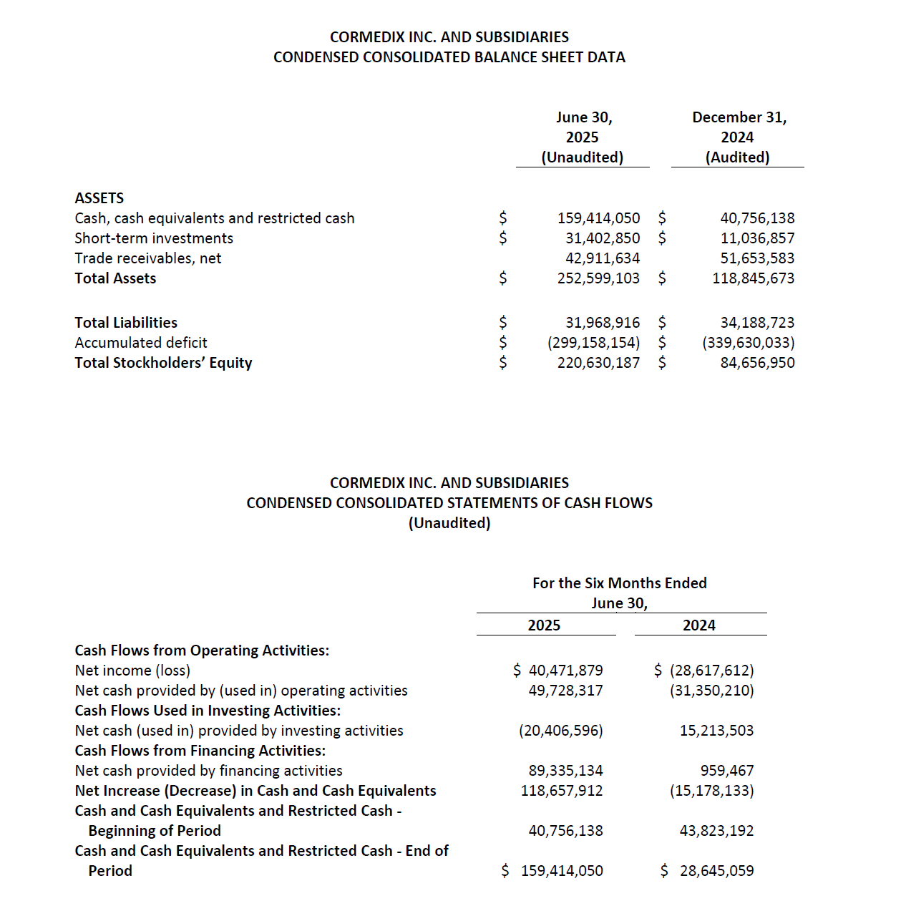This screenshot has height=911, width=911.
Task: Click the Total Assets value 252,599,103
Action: click(598, 278)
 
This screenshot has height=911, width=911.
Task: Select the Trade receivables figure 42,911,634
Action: click(603, 258)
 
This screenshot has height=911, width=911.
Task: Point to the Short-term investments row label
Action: click(154, 238)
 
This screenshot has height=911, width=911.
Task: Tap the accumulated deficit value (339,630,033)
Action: click(748, 343)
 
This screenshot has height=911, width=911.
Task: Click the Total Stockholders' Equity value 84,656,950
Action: click(757, 363)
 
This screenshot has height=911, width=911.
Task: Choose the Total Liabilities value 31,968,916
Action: click(603, 323)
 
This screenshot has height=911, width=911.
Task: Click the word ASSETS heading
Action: click(99, 198)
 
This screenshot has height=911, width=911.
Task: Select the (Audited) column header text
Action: click(737, 157)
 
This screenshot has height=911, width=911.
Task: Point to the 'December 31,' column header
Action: click(739, 117)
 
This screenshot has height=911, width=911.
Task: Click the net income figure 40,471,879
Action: click(565, 671)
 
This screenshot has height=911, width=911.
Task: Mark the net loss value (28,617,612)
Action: click(711, 671)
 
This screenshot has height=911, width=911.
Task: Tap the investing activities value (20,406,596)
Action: click(561, 731)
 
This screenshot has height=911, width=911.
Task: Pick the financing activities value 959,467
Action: click(726, 771)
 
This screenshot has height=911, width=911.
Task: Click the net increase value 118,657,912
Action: click(562, 791)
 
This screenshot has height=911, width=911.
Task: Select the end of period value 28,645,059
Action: click(716, 871)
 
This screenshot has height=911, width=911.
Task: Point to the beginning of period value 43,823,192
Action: click(716, 831)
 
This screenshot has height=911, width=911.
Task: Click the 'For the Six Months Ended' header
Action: click(619, 583)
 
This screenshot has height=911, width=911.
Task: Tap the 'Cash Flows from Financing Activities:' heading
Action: click(200, 751)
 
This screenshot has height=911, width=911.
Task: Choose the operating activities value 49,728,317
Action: click(565, 691)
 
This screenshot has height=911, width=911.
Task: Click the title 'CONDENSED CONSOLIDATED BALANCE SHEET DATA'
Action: click(449, 57)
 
